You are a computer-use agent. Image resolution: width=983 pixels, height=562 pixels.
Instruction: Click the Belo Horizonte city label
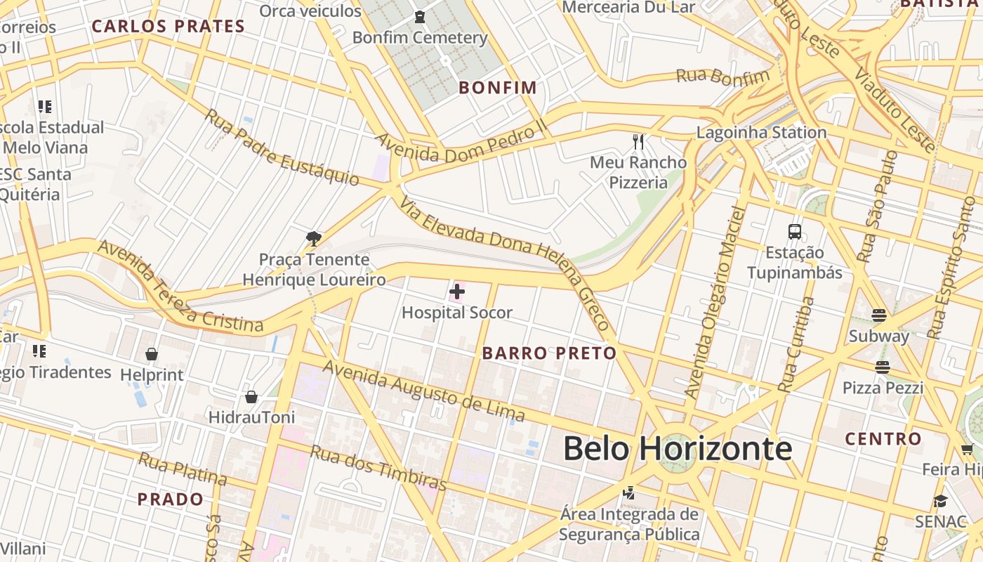(x=677, y=448)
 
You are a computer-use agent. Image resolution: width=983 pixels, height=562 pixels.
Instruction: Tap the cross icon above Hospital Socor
(x=457, y=291)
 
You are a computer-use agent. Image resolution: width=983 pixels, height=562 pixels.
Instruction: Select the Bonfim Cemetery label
(x=420, y=37)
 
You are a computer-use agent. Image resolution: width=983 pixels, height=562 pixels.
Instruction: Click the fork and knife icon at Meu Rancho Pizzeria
(x=638, y=142)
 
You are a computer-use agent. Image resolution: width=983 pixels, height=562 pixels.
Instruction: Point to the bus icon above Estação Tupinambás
(x=795, y=232)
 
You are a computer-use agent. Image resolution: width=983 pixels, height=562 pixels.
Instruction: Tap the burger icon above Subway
(x=879, y=315)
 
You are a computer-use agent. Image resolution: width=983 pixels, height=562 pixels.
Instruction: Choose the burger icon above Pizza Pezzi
(x=883, y=367)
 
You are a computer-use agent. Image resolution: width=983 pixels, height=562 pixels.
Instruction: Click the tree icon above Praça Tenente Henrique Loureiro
(x=314, y=239)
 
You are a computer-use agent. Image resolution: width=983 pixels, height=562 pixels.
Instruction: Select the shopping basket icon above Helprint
(x=152, y=354)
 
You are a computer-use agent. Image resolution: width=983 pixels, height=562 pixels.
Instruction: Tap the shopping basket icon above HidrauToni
(x=251, y=397)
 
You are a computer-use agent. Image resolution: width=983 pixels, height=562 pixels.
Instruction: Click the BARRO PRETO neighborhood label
(x=549, y=353)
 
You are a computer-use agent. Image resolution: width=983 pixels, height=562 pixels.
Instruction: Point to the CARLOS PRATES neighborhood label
(x=169, y=27)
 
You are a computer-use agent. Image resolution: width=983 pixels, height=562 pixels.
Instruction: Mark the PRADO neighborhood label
(x=171, y=499)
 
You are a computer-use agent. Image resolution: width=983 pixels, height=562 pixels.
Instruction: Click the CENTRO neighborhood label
(x=883, y=439)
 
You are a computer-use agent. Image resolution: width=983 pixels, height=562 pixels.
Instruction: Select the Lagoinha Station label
(x=761, y=132)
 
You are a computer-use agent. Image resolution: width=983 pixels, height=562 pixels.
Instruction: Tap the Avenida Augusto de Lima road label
(x=424, y=391)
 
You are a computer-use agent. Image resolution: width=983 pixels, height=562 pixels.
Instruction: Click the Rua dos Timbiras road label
(x=378, y=467)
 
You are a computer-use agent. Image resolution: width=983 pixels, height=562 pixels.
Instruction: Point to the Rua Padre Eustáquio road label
(x=282, y=148)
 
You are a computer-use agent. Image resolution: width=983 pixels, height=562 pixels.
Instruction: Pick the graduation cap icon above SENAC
(x=940, y=501)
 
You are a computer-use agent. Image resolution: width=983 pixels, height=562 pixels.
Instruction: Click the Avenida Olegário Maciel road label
(x=714, y=302)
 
